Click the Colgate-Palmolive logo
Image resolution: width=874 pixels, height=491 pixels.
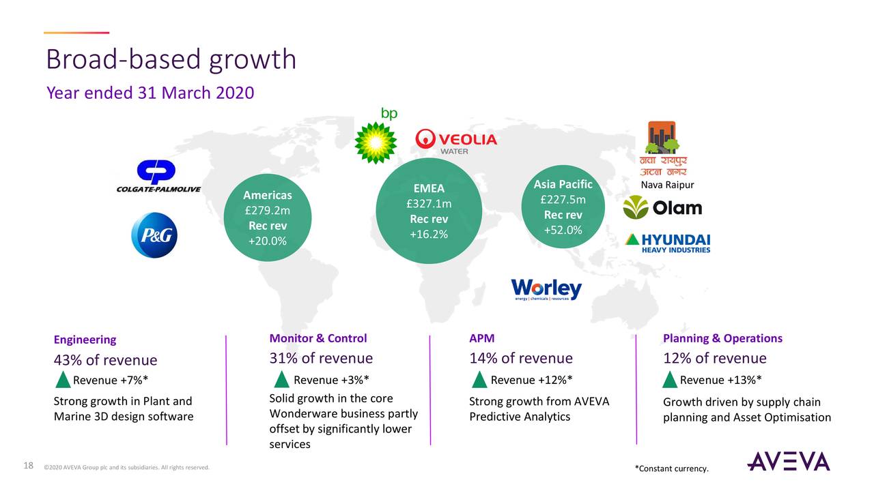click(x=158, y=177)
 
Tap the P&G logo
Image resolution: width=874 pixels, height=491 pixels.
click(x=154, y=235)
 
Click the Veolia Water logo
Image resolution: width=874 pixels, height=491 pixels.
click(x=456, y=141)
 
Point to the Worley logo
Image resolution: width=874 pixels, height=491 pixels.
click(x=546, y=289)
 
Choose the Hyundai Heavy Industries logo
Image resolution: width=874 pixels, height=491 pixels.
click(x=668, y=243)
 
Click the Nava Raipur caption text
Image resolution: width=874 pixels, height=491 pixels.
click(x=667, y=185)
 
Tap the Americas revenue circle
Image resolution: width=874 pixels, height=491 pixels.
click(x=268, y=218)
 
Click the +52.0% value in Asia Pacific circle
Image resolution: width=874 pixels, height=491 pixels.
click(x=563, y=230)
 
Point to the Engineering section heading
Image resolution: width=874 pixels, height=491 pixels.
click(x=85, y=340)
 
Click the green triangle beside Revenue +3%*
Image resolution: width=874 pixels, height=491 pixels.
click(x=281, y=380)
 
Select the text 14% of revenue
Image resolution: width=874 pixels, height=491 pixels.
click(x=520, y=359)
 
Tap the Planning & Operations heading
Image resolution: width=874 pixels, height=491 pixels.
click(x=722, y=338)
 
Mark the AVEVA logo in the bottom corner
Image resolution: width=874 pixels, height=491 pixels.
click(x=788, y=461)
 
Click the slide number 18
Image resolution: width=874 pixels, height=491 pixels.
click(x=28, y=466)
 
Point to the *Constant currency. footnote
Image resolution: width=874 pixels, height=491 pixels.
click(x=671, y=468)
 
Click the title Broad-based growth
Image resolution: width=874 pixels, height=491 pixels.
click(x=171, y=60)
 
